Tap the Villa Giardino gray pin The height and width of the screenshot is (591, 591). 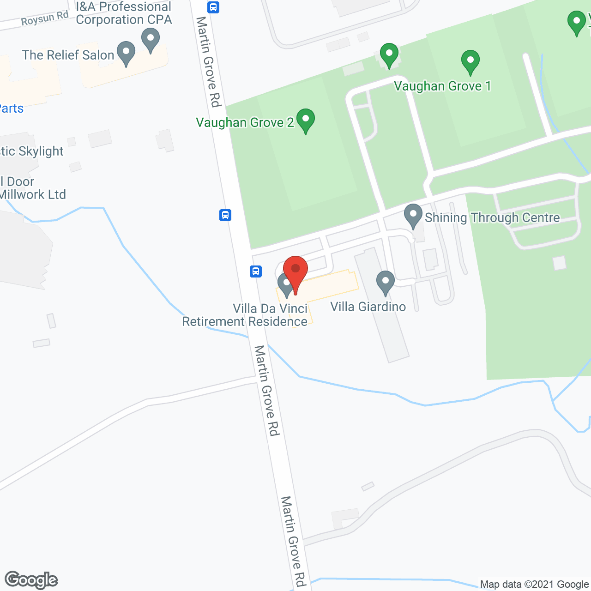[385, 282]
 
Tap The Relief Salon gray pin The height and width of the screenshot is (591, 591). [126, 53]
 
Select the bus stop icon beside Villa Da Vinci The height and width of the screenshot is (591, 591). [256, 271]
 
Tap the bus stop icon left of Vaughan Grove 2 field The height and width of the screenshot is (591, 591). [225, 215]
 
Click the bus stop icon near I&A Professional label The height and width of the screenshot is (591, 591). [213, 7]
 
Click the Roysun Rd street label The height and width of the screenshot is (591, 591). [45, 19]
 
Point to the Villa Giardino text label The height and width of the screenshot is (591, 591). [368, 307]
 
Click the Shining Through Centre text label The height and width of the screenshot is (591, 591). [492, 217]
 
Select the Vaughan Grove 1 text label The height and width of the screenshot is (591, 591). [442, 86]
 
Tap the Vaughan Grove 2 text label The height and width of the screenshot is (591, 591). [245, 123]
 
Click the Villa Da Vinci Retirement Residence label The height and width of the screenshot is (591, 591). [245, 315]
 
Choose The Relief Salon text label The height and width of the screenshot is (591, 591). [68, 55]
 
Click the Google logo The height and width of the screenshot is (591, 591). [31, 580]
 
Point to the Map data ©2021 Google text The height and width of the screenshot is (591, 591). [534, 585]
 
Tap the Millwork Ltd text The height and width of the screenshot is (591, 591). [33, 194]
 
